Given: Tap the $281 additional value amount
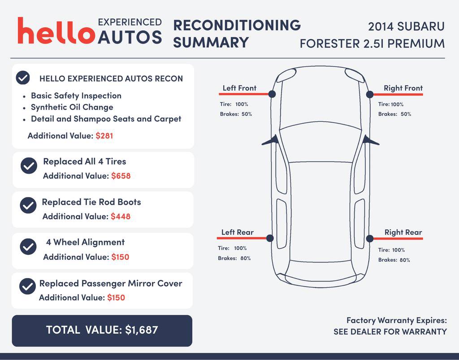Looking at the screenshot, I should click(x=104, y=136).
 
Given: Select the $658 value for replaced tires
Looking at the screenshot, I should click(x=121, y=176).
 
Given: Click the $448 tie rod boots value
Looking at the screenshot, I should click(x=121, y=217).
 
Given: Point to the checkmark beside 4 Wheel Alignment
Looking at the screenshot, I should click(x=29, y=246).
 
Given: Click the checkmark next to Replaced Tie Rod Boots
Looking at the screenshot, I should click(x=28, y=206).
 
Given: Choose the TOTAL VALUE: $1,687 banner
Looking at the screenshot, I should click(x=102, y=330).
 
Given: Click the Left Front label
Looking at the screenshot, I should click(x=239, y=88).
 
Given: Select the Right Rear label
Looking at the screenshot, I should click(x=403, y=232).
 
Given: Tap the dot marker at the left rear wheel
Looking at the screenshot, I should click(x=270, y=238).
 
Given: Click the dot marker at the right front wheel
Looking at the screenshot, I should click(x=370, y=94).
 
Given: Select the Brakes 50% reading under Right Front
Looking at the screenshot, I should click(x=394, y=114).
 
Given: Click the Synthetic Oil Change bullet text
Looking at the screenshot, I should click(x=72, y=107).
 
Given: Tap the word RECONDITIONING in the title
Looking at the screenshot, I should click(x=237, y=25).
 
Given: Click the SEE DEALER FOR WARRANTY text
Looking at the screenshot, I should click(x=390, y=332).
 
